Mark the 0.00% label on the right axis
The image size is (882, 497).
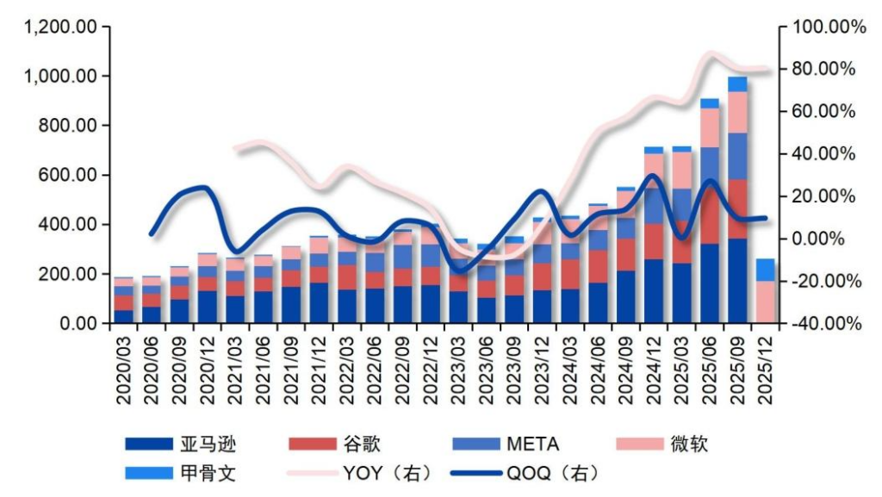tap(830, 239)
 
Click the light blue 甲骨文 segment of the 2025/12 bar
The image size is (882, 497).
tap(765, 270)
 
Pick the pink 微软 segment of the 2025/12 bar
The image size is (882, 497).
tap(765, 302)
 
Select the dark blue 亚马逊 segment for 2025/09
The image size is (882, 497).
tap(737, 281)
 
